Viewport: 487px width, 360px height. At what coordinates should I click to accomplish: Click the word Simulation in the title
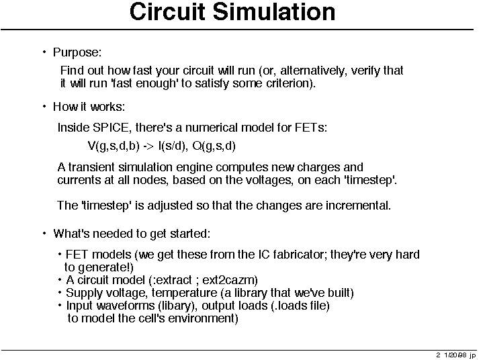point(273,12)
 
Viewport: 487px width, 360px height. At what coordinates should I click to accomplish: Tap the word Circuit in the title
point(167,12)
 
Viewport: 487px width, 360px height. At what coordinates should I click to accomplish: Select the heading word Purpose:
point(77,53)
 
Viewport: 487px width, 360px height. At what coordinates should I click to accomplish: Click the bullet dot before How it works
point(44,107)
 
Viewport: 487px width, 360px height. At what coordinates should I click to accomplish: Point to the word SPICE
point(111,128)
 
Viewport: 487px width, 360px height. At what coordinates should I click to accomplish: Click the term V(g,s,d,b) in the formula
point(114,146)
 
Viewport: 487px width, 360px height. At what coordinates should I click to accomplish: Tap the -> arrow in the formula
point(148,146)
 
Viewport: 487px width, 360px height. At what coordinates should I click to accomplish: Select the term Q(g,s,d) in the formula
point(214,146)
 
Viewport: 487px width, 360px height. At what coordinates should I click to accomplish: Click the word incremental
point(358,206)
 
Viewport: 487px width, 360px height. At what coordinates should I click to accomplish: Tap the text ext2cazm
point(230,280)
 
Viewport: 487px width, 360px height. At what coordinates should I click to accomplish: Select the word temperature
point(185,294)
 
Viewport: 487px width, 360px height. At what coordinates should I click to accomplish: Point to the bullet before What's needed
point(44,233)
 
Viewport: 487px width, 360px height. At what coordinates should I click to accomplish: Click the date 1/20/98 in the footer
point(455,355)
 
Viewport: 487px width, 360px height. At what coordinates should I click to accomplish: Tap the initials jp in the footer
point(473,355)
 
